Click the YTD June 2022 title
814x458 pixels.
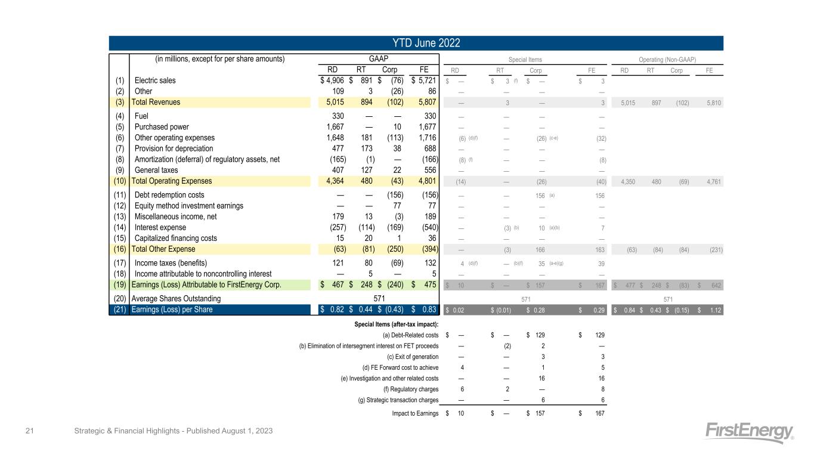[x=416, y=43]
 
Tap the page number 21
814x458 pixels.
[x=28, y=431]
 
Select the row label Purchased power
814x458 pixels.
[x=162, y=126]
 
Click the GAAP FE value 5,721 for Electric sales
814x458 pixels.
[x=426, y=81]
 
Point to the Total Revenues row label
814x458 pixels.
[x=156, y=102]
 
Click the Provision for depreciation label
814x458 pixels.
[x=174, y=148]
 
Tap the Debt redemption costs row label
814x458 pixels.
[x=169, y=195]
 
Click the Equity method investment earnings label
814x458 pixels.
[x=189, y=206]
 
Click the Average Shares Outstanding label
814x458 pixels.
[x=176, y=298]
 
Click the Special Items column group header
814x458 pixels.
[x=525, y=59]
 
